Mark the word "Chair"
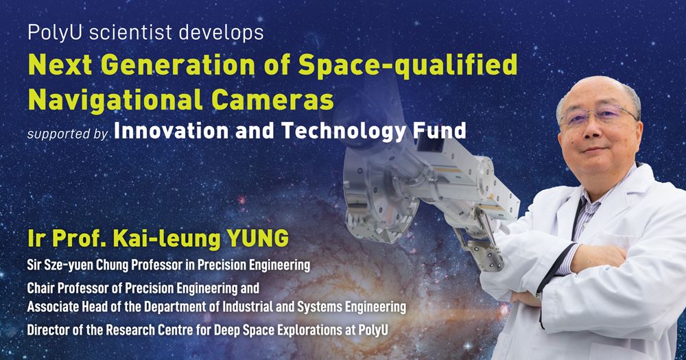point(42,287)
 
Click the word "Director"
point(49,328)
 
